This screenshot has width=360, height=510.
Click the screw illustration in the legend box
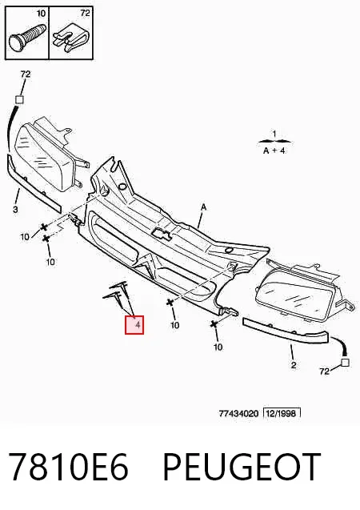(28, 37)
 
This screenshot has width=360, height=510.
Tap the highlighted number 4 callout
(134, 324)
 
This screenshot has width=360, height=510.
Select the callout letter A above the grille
(204, 207)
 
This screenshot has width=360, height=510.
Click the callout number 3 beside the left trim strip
(15, 210)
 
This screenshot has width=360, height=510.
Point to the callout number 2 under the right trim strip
(294, 365)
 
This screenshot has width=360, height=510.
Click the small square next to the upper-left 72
(20, 99)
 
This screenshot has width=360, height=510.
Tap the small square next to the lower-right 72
(345, 363)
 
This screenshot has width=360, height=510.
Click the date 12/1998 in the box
(282, 413)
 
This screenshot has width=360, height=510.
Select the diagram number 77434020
(239, 414)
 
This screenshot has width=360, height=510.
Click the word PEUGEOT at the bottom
(242, 467)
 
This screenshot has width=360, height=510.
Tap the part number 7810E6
(68, 467)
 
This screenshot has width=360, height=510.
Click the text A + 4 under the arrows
(274, 151)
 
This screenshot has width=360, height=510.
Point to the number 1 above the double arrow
(274, 134)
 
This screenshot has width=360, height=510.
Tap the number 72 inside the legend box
(85, 13)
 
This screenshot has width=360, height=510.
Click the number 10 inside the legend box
(41, 13)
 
